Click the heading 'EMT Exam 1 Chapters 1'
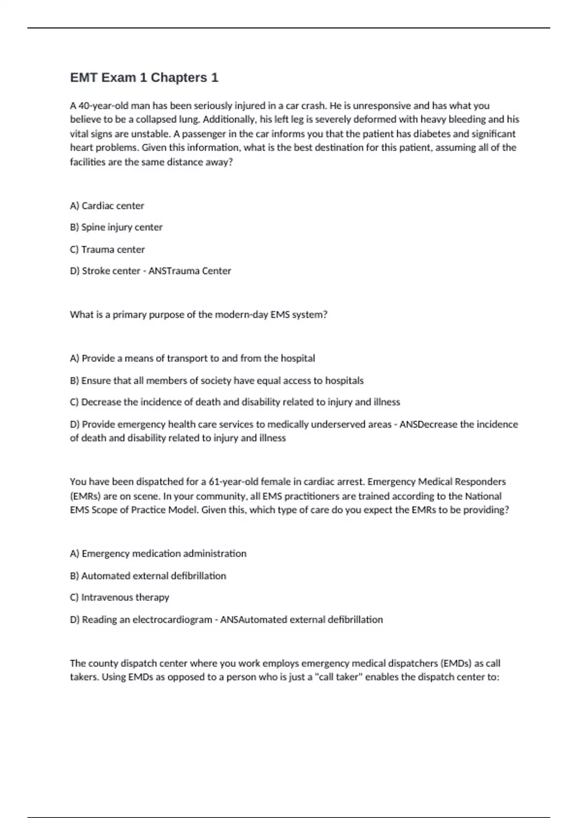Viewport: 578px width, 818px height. [144, 77]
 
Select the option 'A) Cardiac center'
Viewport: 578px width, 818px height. [107, 206]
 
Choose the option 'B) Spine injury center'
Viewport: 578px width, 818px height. [116, 227]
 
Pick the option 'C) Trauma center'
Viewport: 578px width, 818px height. [107, 249]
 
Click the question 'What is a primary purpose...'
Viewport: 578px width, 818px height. [198, 315]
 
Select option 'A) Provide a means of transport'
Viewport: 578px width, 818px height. [192, 358]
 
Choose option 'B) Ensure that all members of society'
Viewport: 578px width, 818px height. [216, 381]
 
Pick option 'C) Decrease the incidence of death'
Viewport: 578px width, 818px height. [235, 402]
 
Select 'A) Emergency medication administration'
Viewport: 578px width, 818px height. [158, 554]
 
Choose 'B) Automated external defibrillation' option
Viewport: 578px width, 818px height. [148, 576]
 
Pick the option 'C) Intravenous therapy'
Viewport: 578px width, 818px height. [119, 598]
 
